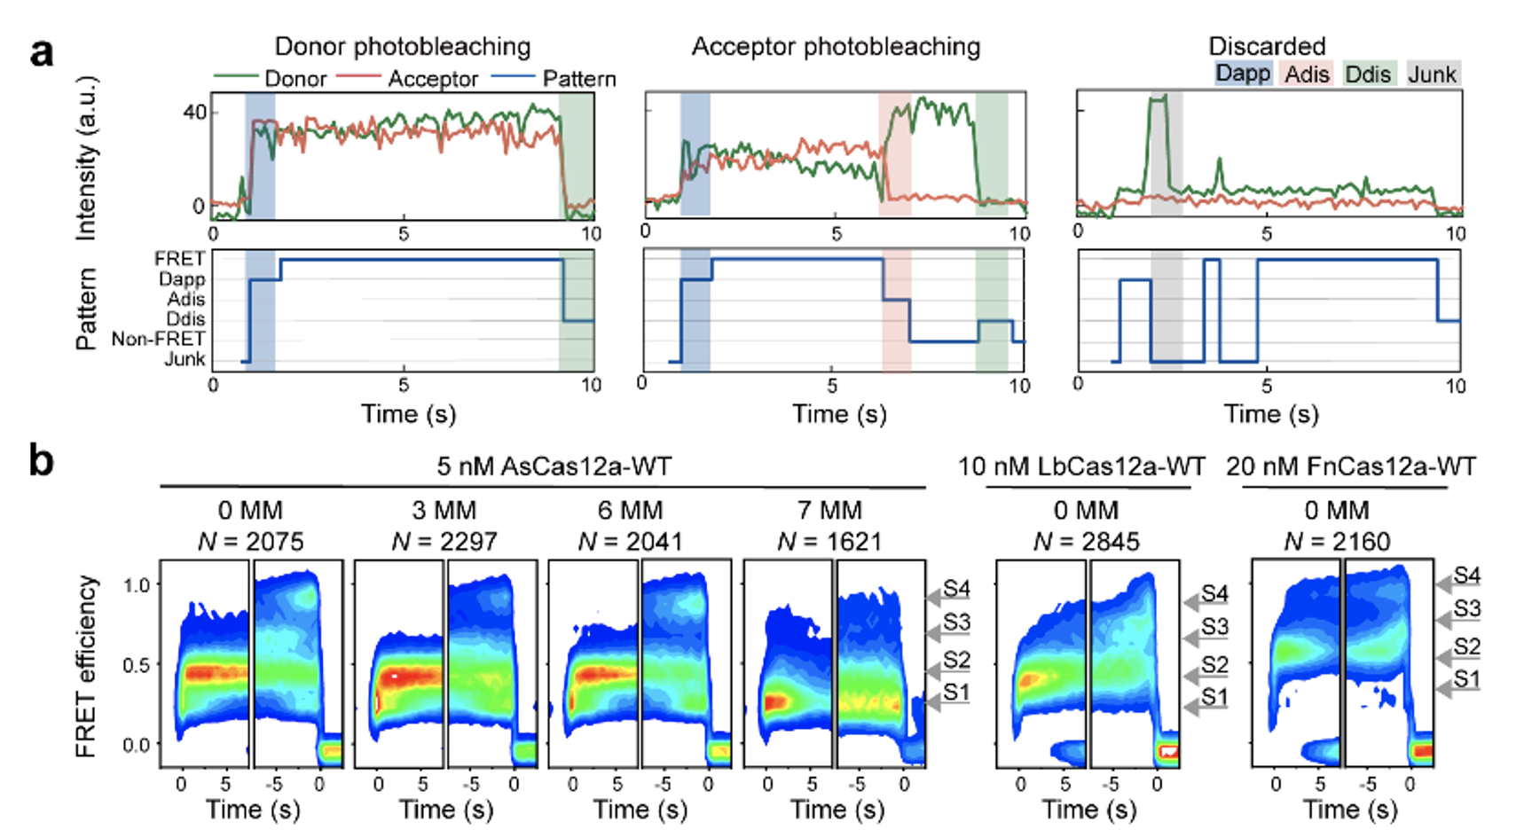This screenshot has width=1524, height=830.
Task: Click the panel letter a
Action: pyautogui.click(x=41, y=52)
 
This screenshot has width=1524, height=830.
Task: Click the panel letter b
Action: pyautogui.click(x=41, y=461)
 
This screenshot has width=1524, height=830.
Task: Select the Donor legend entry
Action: pyautogui.click(x=295, y=79)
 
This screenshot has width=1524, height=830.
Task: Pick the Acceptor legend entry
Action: pyautogui.click(x=432, y=79)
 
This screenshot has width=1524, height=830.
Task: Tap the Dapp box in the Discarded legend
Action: pyautogui.click(x=1243, y=74)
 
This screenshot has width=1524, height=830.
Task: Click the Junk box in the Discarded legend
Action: pyautogui.click(x=1432, y=74)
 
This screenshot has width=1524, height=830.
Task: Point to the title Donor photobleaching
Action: pyautogui.click(x=402, y=46)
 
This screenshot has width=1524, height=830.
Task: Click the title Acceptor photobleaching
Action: pyautogui.click(x=836, y=46)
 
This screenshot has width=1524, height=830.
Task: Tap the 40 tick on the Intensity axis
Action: pyautogui.click(x=195, y=113)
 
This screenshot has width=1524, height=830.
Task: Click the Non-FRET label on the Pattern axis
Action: pyautogui.click(x=158, y=339)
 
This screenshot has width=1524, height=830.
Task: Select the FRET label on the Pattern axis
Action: pyautogui.click(x=179, y=258)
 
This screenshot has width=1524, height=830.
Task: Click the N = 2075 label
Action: pyautogui.click(x=250, y=541)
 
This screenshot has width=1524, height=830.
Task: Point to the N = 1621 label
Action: pyautogui.click(x=829, y=541)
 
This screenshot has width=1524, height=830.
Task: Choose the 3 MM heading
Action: pyautogui.click(x=444, y=511)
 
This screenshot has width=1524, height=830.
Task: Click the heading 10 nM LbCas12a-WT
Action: pyautogui.click(x=1080, y=466)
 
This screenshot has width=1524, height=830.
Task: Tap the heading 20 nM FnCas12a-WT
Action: pyautogui.click(x=1350, y=466)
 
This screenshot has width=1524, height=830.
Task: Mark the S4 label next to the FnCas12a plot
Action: pyautogui.click(x=1466, y=576)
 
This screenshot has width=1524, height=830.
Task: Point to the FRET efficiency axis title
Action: pyautogui.click(x=85, y=666)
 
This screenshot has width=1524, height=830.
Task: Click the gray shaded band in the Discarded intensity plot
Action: pyautogui.click(x=1166, y=153)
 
